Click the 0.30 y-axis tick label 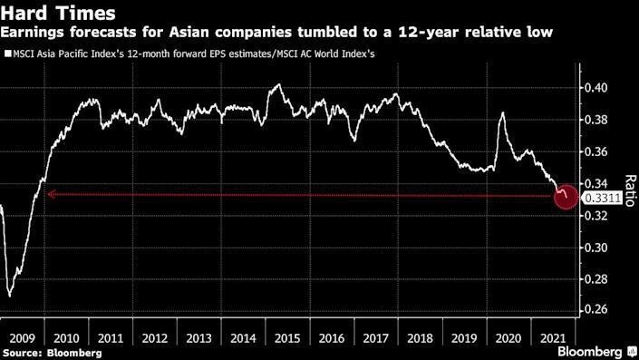point(597,248)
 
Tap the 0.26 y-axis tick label point(597,310)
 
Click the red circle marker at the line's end point(566,196)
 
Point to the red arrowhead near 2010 point(50,193)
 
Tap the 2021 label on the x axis point(551,336)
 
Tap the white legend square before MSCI point(7,55)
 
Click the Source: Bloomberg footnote point(44,351)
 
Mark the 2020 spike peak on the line point(502,113)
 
